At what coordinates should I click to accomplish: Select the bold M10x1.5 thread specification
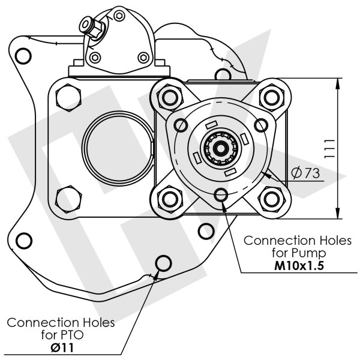pyautogui.click(x=299, y=266)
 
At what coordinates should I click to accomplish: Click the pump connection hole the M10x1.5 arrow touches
pyautogui.click(x=221, y=194)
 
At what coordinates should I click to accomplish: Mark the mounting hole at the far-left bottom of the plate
pyautogui.click(x=23, y=241)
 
